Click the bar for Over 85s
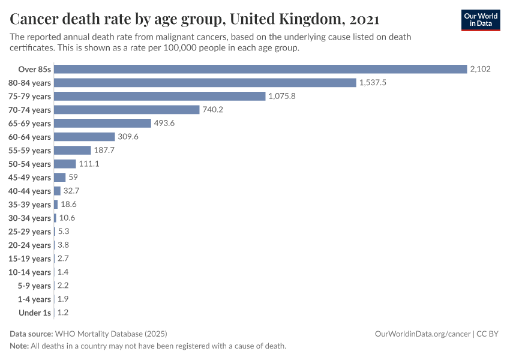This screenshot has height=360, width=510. pos(260,69)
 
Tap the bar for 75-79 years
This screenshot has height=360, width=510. pos(160,96)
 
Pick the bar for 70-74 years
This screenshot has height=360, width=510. pos(127,110)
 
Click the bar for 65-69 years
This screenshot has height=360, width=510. pos(103,123)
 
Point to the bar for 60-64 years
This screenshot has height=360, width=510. pos(85,137)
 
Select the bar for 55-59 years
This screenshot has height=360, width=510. pos(73,150)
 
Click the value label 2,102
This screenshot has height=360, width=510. pos(481,69)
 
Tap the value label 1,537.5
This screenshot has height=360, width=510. pos(373,82)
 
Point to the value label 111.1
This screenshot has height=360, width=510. pos(89,164)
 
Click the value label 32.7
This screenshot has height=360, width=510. pos(71,191)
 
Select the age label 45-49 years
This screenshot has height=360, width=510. pos(29,178)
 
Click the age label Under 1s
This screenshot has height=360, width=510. pos(35,313)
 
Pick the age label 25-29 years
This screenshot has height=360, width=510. pos(29,232)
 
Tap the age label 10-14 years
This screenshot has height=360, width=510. pos(29,272)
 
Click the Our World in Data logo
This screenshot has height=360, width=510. pos(481,19)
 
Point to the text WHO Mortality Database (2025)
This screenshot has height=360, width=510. pos(111,334)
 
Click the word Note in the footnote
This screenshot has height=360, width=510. pos(19,346)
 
